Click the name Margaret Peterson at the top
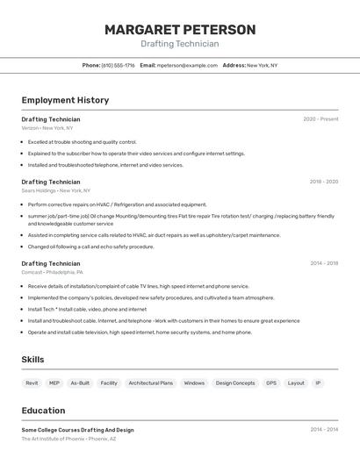pos(180,30)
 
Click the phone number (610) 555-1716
pos(118,65)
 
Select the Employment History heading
pos(65,100)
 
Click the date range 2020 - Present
pos(320,119)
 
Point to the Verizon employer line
pos(47,128)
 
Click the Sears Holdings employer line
pos(55,190)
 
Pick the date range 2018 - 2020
pos(323,182)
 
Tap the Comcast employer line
pos(56,272)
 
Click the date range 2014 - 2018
pos(323,263)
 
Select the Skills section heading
pos(32,360)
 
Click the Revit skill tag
pos(32,383)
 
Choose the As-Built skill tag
pos(80,383)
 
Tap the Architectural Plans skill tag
pos(150,383)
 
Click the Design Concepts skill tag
pos(235,383)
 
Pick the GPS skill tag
pos(271,383)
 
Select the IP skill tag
pos(318,383)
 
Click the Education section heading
pos(43,411)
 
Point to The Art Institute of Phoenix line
pos(68,439)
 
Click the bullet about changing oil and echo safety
pos(90,247)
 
